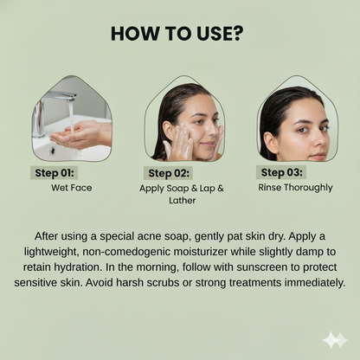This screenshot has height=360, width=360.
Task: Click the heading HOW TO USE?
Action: point(177,34)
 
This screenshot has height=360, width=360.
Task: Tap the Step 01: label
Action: point(55,173)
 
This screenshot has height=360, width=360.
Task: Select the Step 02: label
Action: point(169,173)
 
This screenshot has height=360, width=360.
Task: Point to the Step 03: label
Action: point(281,172)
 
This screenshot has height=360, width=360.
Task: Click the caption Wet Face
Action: point(72,188)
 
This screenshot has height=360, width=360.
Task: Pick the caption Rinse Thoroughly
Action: point(295,188)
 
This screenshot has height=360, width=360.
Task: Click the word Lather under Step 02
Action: point(182,201)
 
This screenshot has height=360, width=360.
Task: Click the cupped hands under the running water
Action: point(80,135)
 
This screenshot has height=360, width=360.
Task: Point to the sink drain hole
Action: point(52,150)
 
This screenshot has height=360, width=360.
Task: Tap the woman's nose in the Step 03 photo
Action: point(318,141)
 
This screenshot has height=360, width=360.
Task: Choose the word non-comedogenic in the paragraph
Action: point(126,252)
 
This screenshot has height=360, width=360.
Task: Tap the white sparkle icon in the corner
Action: point(336,340)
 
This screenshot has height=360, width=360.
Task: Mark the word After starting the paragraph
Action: point(46,236)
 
